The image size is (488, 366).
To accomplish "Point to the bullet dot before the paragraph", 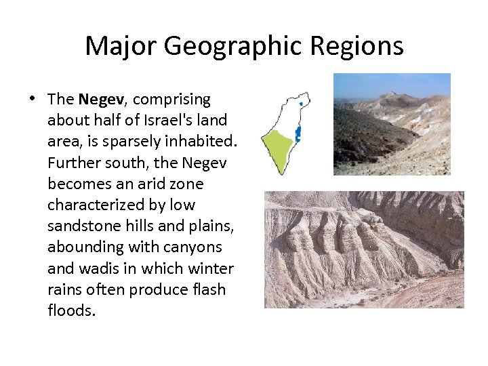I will [x=33, y=99].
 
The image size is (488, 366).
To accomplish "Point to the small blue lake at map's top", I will [x=300, y=104].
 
